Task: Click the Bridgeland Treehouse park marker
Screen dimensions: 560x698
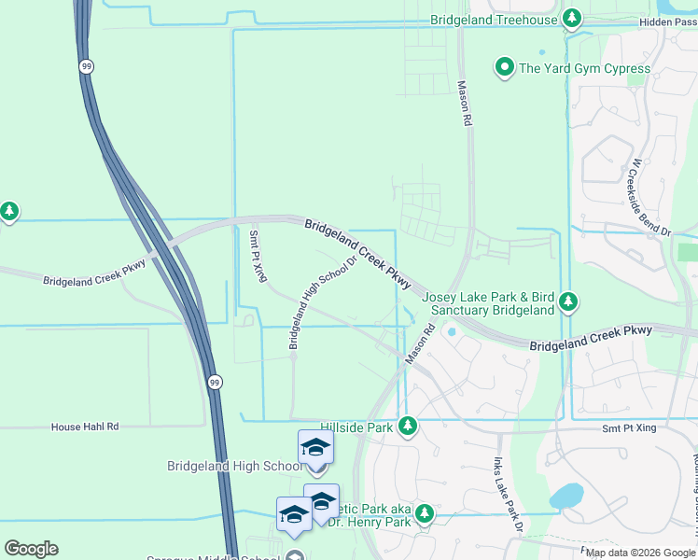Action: pos(573,19)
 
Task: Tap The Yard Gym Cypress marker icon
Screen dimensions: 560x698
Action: pos(505,67)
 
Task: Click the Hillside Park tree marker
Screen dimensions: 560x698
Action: pos(407,427)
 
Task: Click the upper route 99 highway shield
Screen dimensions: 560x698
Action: pos(86,66)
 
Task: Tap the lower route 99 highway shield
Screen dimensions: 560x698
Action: pos(215,383)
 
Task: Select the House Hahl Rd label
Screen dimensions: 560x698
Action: pos(85,427)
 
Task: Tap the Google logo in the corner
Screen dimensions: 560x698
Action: pos(31,549)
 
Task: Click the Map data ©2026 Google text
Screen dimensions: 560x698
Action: pos(640,553)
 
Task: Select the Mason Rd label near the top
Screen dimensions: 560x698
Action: pos(464,103)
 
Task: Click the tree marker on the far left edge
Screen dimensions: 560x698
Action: pos(9,211)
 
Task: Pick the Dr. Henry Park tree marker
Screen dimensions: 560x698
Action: pos(425,513)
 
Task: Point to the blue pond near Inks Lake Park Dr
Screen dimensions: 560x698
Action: pos(565,497)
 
